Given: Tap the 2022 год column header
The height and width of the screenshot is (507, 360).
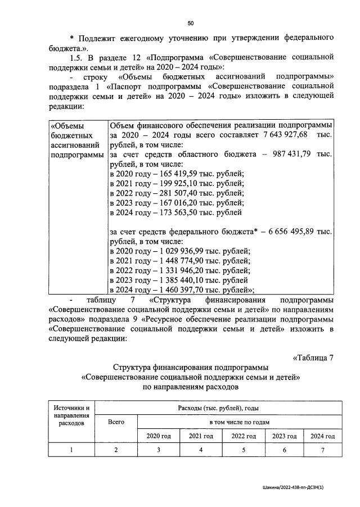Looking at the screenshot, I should pos(245,436).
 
